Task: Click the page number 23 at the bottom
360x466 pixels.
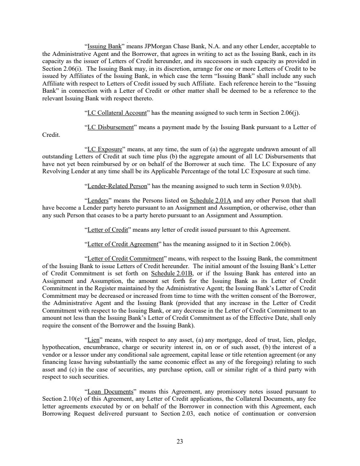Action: point(180,441)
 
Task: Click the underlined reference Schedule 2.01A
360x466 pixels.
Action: point(210,200)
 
